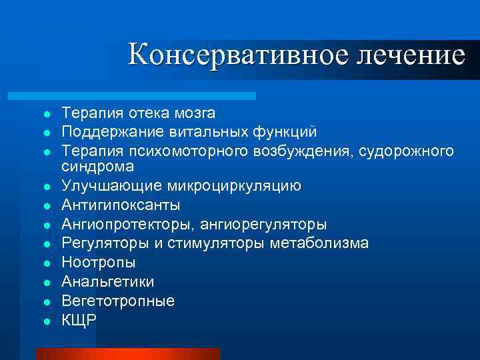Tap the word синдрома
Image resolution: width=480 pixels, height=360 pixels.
click(x=94, y=166)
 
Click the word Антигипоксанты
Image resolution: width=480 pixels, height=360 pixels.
click(x=121, y=205)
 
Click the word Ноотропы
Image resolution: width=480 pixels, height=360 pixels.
click(x=98, y=263)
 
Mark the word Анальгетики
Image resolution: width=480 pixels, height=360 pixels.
click(x=107, y=281)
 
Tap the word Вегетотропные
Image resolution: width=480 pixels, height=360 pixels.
click(x=118, y=301)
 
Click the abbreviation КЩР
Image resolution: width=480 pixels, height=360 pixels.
click(x=79, y=320)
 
